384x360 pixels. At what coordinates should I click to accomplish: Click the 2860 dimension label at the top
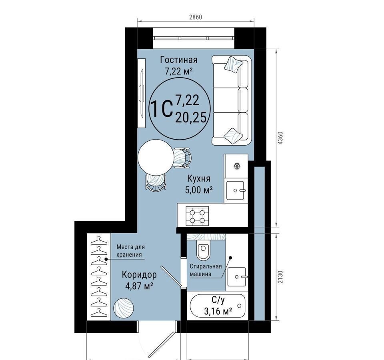click(196, 17)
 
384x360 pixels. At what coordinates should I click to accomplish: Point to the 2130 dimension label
click(281, 277)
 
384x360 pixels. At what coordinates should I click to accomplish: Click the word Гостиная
click(178, 60)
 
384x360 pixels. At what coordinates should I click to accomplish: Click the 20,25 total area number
click(191, 118)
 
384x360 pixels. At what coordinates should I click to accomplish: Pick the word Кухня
click(199, 178)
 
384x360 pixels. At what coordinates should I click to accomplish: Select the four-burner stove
click(197, 216)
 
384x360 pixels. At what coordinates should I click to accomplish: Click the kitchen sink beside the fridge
click(235, 190)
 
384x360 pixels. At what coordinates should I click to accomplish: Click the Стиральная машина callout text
click(206, 270)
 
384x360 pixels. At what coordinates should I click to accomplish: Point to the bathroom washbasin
click(236, 277)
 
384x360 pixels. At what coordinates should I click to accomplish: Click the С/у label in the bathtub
click(218, 300)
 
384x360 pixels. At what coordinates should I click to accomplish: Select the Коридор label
click(139, 275)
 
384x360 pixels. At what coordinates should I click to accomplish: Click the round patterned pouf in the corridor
click(124, 308)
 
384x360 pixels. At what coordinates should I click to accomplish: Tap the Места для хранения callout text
click(130, 250)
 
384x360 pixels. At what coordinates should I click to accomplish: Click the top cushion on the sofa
click(233, 64)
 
